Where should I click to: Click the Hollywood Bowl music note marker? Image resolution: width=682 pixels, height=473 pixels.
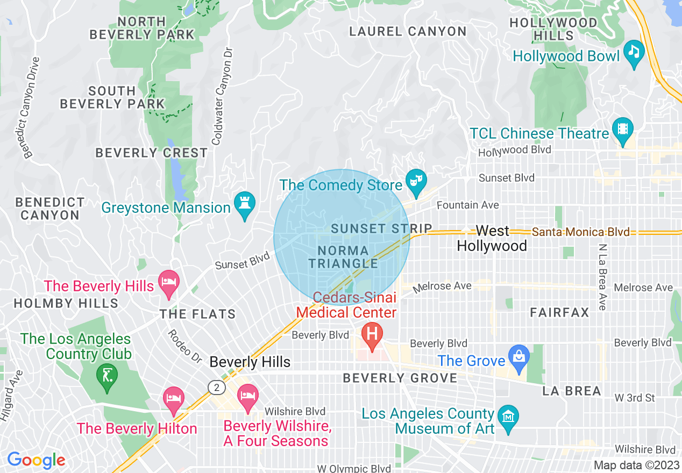point(635,53)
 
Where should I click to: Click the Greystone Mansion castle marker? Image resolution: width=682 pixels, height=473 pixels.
point(245,204)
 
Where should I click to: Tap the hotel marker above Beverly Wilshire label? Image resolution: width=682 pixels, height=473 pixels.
point(247,397)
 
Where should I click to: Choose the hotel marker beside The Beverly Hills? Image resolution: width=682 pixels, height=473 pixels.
point(169,283)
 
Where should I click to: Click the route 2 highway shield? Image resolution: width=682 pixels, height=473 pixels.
point(216,388)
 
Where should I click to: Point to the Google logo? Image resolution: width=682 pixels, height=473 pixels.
point(36,461)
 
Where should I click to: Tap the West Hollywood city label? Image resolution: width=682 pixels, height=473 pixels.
point(492,238)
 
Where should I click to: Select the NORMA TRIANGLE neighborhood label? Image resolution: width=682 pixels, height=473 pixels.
point(344,257)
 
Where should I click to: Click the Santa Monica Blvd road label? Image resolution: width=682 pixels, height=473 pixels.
point(580,232)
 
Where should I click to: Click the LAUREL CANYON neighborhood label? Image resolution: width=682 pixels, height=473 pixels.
point(408,32)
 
